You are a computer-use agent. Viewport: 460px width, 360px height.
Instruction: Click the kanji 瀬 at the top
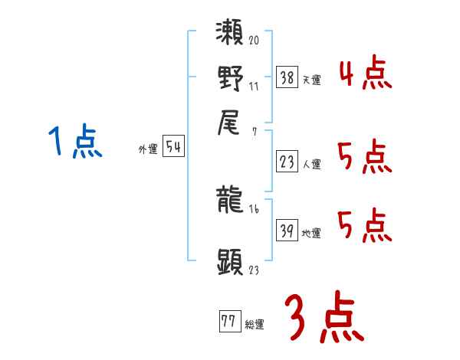click(x=231, y=34)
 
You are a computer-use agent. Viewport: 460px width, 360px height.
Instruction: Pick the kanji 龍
click(x=231, y=201)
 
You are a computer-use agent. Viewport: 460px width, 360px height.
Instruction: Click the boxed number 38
click(x=287, y=77)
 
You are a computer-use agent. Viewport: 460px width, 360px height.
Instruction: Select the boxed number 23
click(x=287, y=161)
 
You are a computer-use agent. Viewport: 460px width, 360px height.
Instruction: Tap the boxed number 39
click(x=287, y=230)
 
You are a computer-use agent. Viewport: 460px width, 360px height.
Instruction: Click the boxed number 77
click(x=228, y=321)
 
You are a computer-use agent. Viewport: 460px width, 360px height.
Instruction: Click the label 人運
click(x=311, y=164)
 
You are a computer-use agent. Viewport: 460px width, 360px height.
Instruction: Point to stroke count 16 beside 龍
click(x=255, y=208)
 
